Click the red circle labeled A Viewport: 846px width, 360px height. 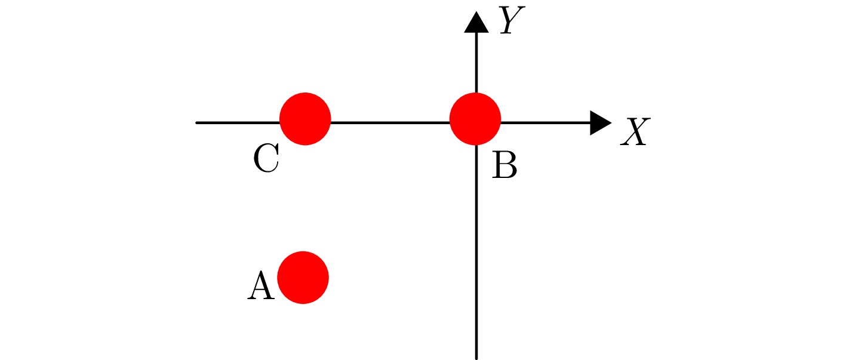[x=303, y=278]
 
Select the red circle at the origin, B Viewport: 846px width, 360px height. [x=475, y=119]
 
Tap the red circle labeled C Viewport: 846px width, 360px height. [x=305, y=119]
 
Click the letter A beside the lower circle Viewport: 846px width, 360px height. [x=260, y=286]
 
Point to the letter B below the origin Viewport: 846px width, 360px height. [x=504, y=166]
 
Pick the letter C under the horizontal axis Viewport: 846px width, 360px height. [x=266, y=159]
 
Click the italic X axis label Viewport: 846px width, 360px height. [x=634, y=133]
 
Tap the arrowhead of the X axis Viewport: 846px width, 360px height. [x=601, y=123]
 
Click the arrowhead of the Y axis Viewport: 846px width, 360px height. [x=476, y=22]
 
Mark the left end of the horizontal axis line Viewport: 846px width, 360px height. [x=198, y=123]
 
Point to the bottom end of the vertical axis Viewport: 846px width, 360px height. [x=476, y=357]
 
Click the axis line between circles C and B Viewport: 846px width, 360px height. [x=389, y=123]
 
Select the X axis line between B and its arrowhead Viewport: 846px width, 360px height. [x=544, y=123]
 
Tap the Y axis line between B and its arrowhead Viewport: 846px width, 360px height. [x=476, y=63]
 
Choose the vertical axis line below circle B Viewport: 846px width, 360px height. [x=476, y=251]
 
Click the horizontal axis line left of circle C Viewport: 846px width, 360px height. [x=239, y=123]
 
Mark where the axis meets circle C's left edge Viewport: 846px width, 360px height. [x=281, y=123]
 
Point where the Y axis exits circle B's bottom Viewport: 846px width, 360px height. [x=476, y=144]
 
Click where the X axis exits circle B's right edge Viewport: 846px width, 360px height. [x=500, y=123]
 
